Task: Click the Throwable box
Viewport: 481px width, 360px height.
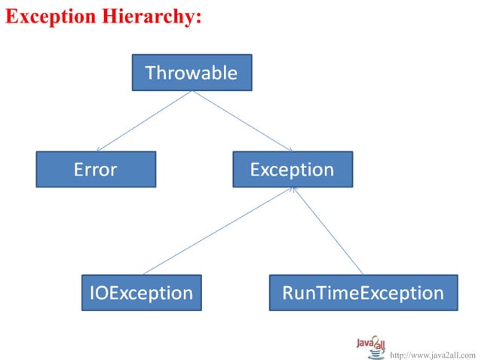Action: coord(191,72)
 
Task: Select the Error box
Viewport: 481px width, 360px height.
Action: coord(96,169)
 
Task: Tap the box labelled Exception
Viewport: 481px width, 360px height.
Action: coord(292,169)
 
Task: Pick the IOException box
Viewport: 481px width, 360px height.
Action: coord(141,292)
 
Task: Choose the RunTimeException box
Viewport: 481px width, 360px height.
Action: coord(363,292)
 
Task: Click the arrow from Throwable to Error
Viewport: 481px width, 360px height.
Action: coord(143,121)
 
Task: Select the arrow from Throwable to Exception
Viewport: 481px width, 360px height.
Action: coord(241,121)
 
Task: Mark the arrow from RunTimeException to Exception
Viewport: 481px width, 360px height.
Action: coord(328,232)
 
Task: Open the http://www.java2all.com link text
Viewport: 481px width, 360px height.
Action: coord(433,353)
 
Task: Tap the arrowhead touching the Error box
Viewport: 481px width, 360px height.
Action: coord(99,150)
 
